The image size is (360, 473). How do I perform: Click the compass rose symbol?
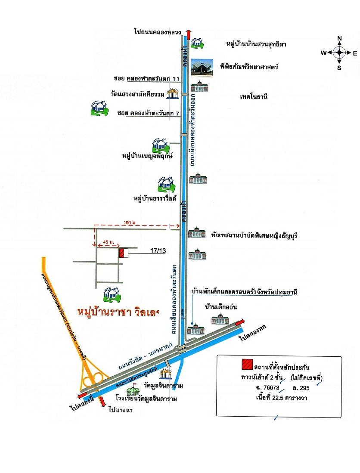[x=339, y=53]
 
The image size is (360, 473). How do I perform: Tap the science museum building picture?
[x=202, y=67]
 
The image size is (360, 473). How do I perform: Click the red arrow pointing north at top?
[x=188, y=34]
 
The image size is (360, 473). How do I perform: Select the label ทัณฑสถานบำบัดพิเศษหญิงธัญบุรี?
[x=255, y=236]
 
